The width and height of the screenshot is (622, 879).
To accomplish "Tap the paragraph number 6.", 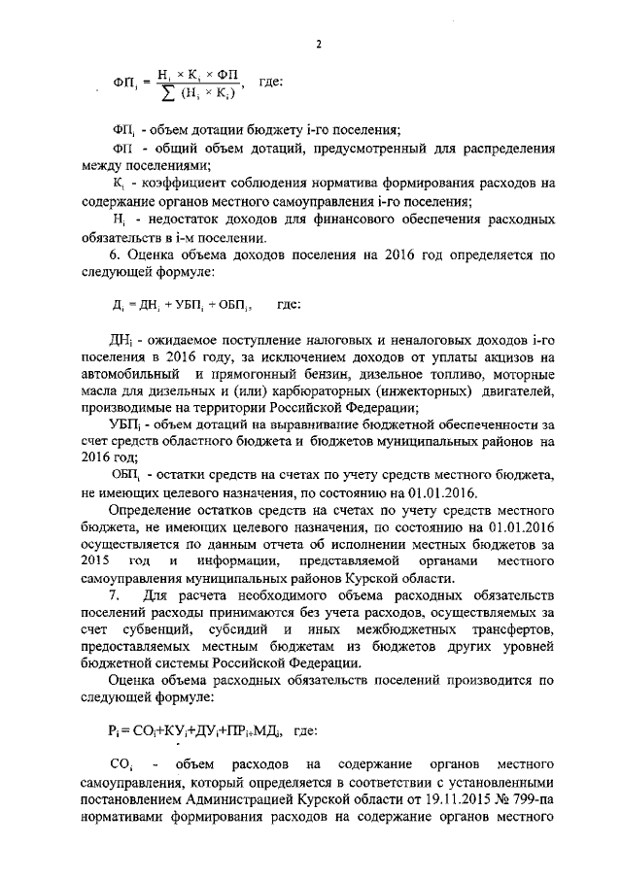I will pos(113,255).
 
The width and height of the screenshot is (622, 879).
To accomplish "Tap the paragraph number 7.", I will pos(114,592).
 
